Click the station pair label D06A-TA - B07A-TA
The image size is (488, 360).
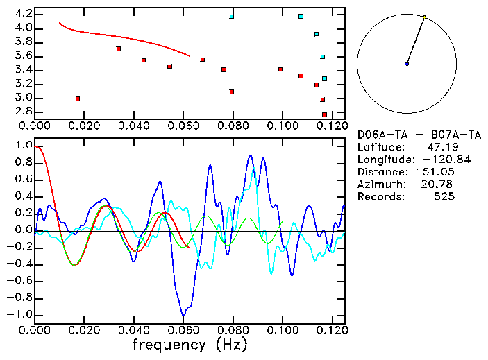click(x=406, y=135)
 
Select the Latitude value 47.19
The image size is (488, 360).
click(x=441, y=147)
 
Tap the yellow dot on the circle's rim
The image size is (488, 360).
click(x=424, y=17)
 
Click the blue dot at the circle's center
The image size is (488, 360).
click(x=407, y=64)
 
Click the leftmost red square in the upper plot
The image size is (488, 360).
click(x=78, y=98)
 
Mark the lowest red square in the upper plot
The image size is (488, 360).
click(x=324, y=114)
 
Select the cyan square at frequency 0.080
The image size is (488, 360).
click(x=232, y=17)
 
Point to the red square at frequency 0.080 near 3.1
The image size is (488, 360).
click(x=232, y=92)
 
